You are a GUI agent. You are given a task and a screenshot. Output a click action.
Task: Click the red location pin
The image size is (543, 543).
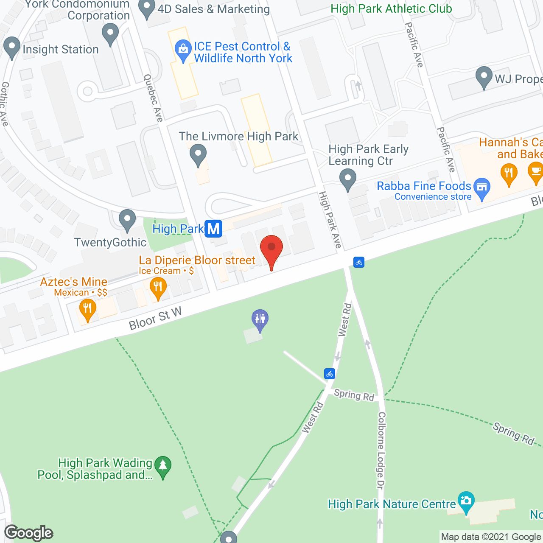[x=271, y=248]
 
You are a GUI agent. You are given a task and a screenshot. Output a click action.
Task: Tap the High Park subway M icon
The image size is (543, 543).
[x=213, y=229]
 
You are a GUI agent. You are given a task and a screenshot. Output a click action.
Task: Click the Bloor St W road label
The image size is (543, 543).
[x=155, y=318]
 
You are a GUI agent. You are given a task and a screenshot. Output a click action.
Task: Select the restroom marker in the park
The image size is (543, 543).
[x=260, y=319]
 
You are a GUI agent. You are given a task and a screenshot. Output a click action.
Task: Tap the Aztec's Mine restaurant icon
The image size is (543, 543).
[x=87, y=309]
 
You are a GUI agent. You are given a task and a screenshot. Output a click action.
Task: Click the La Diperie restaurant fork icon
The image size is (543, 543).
[x=158, y=287]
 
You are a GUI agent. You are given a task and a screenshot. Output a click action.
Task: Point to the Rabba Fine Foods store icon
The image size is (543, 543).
[x=482, y=188]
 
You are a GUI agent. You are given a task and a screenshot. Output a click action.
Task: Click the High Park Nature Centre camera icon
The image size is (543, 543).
[x=466, y=501]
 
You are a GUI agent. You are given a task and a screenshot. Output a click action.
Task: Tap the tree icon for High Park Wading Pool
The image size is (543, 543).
[x=163, y=466]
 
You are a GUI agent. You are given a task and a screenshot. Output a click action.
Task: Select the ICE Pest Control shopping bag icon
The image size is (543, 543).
[x=183, y=49]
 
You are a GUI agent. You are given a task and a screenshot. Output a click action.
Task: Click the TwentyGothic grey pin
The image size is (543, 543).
[x=127, y=219]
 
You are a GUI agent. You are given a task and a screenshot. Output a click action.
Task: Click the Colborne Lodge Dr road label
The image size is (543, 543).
[x=381, y=450]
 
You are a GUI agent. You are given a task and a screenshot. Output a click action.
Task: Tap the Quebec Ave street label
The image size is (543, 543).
[x=153, y=98]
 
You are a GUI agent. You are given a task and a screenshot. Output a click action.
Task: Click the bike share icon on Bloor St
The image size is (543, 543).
[x=359, y=262]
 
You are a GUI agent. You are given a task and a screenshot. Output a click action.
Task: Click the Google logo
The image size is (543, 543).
[x=29, y=532]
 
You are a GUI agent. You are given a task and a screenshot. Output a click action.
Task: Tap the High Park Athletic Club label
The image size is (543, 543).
[x=391, y=8]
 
